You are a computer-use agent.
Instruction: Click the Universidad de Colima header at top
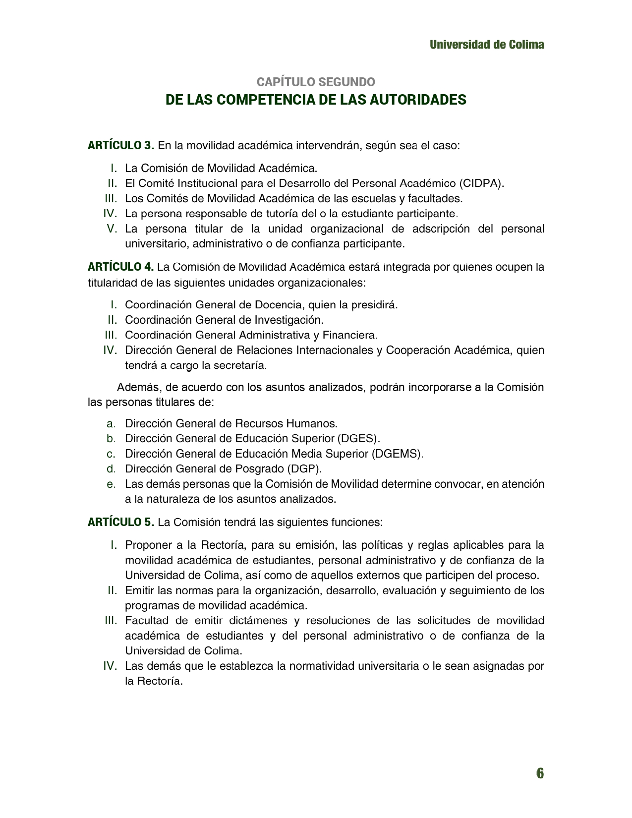[486, 45]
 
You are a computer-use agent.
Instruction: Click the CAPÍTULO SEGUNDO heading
[316, 82]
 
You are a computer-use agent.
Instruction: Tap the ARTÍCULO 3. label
[121, 146]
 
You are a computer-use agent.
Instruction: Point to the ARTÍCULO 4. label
[121, 267]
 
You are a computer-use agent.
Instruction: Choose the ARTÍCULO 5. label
[121, 522]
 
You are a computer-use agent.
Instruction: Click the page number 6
[539, 773]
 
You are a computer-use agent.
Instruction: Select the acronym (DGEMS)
[397, 454]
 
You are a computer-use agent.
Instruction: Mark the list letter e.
[111, 484]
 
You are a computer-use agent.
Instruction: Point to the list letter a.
[111, 424]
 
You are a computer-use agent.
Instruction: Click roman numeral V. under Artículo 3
[112, 229]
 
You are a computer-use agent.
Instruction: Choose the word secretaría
[240, 366]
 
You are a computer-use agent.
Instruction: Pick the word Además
[137, 387]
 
